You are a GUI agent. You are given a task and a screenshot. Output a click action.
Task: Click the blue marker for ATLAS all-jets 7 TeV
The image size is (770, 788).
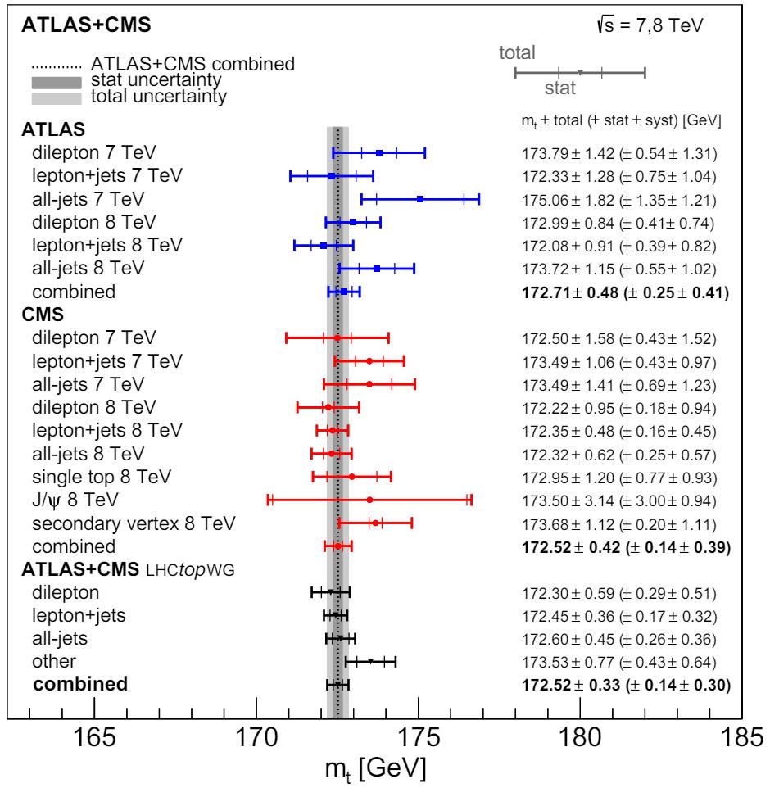click(x=420, y=199)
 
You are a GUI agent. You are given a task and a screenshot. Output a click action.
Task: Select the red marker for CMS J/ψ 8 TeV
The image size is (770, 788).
click(x=369, y=500)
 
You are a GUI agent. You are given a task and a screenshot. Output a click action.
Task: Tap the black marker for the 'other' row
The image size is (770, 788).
click(x=370, y=661)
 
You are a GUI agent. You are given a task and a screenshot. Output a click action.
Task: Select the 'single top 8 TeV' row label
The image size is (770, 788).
click(x=103, y=477)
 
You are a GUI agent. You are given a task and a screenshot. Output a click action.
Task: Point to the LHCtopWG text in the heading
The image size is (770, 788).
click(x=190, y=571)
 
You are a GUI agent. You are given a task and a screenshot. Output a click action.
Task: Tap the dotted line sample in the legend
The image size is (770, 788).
click(x=57, y=65)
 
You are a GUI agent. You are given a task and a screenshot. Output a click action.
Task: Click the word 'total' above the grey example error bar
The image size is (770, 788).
click(x=518, y=54)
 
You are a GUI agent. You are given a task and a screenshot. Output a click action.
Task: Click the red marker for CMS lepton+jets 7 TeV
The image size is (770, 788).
click(x=369, y=361)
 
